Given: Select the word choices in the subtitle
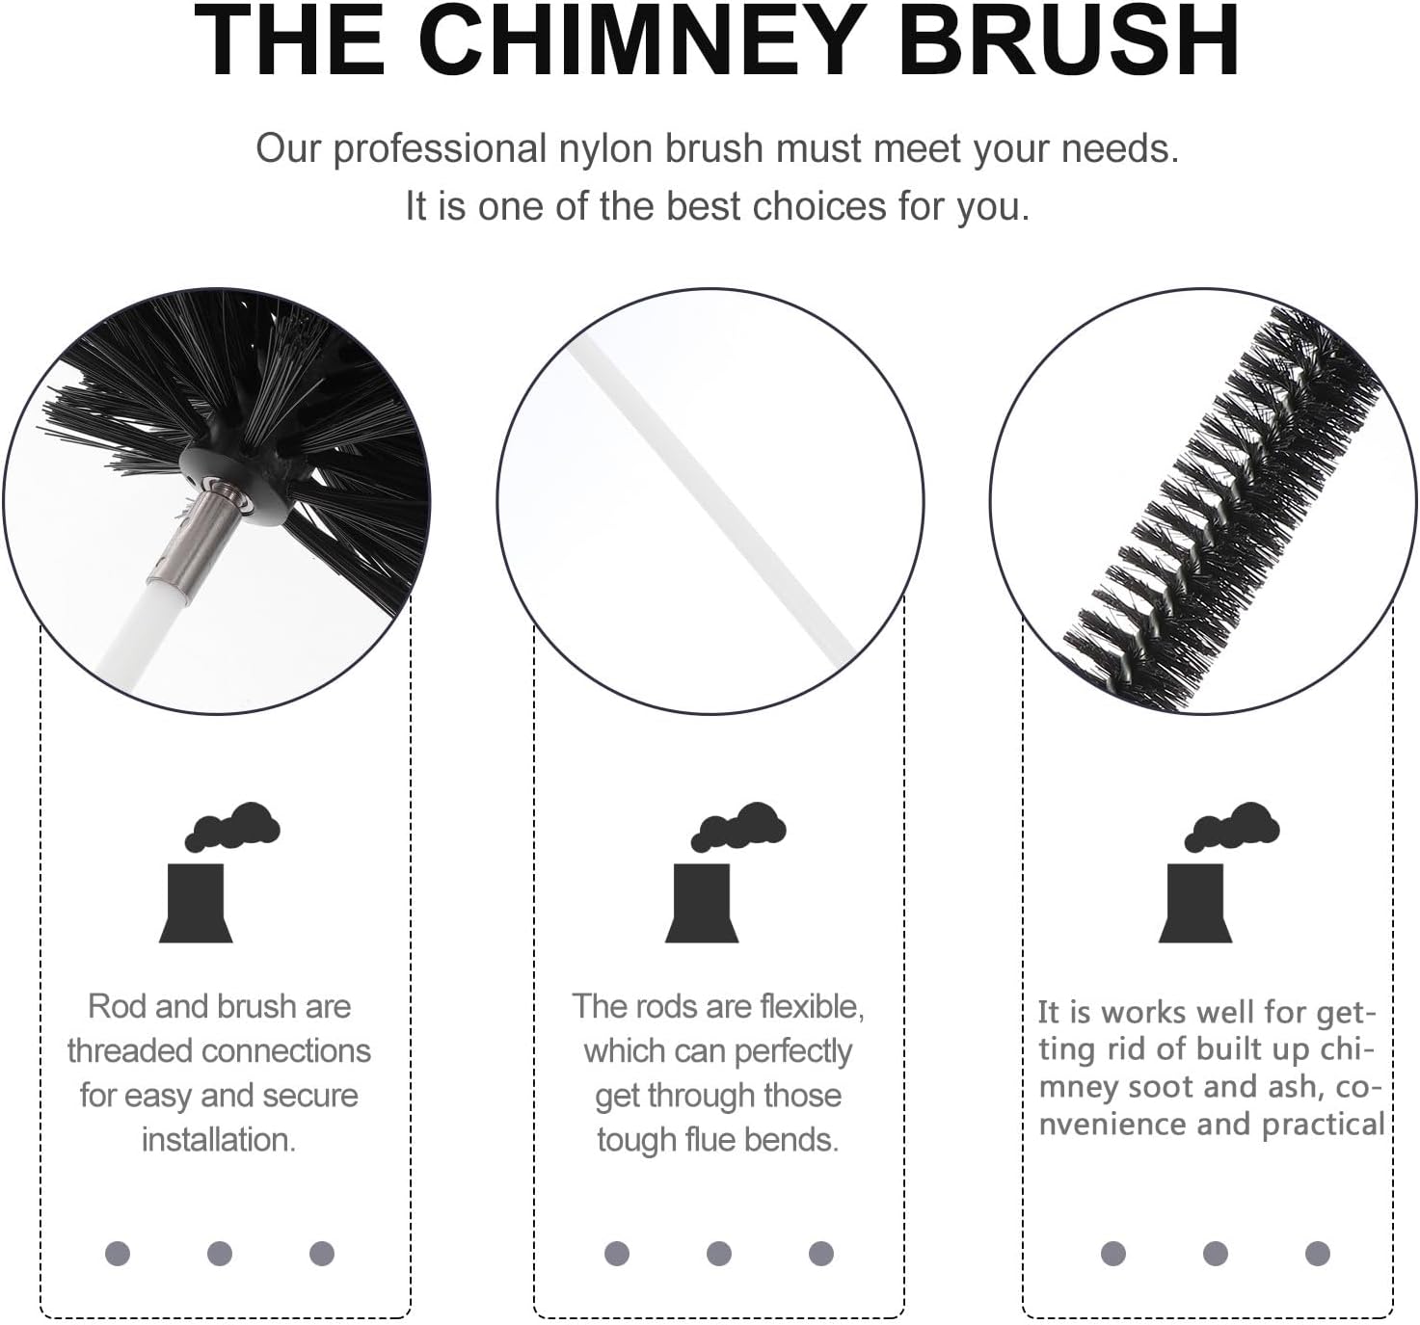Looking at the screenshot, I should point(820,206).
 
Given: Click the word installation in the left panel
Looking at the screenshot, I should point(219,1140).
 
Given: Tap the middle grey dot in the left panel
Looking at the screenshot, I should point(220,1254).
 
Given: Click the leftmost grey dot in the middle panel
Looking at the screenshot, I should point(617,1254).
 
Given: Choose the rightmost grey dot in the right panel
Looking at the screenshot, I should point(1317,1254).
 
